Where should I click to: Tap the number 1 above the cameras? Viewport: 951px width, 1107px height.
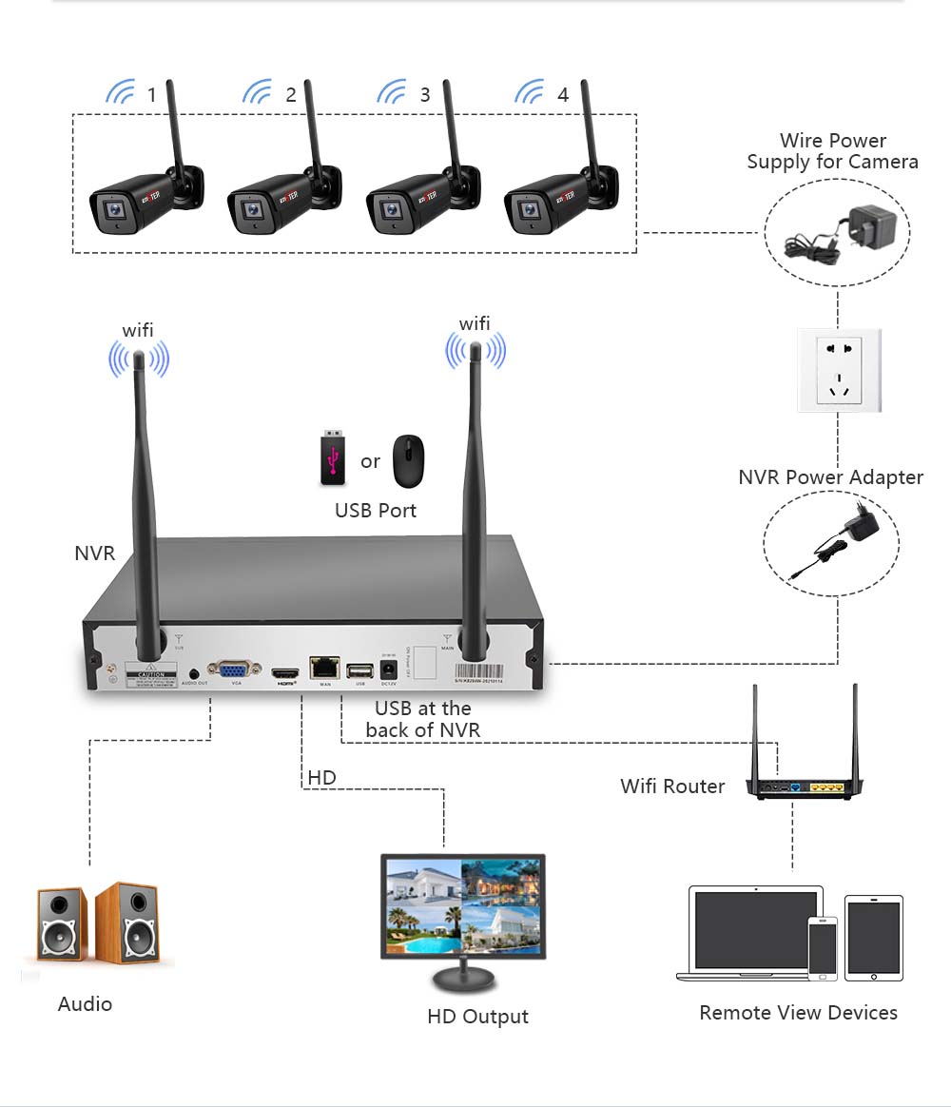click(x=151, y=94)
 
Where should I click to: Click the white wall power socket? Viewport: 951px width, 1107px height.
click(x=839, y=370)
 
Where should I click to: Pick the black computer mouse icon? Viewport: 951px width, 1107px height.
click(x=409, y=459)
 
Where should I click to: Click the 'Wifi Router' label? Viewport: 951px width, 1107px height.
click(x=672, y=787)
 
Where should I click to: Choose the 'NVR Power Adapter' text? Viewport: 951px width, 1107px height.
click(x=830, y=477)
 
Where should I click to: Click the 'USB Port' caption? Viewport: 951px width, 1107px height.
click(x=376, y=511)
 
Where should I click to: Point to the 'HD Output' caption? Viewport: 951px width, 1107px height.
click(x=477, y=1017)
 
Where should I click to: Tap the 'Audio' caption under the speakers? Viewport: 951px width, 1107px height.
click(x=85, y=1004)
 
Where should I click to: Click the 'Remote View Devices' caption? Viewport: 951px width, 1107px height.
click(x=798, y=1013)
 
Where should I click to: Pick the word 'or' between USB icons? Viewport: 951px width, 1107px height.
click(x=370, y=462)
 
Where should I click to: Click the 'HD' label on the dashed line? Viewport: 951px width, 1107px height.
click(x=321, y=778)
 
